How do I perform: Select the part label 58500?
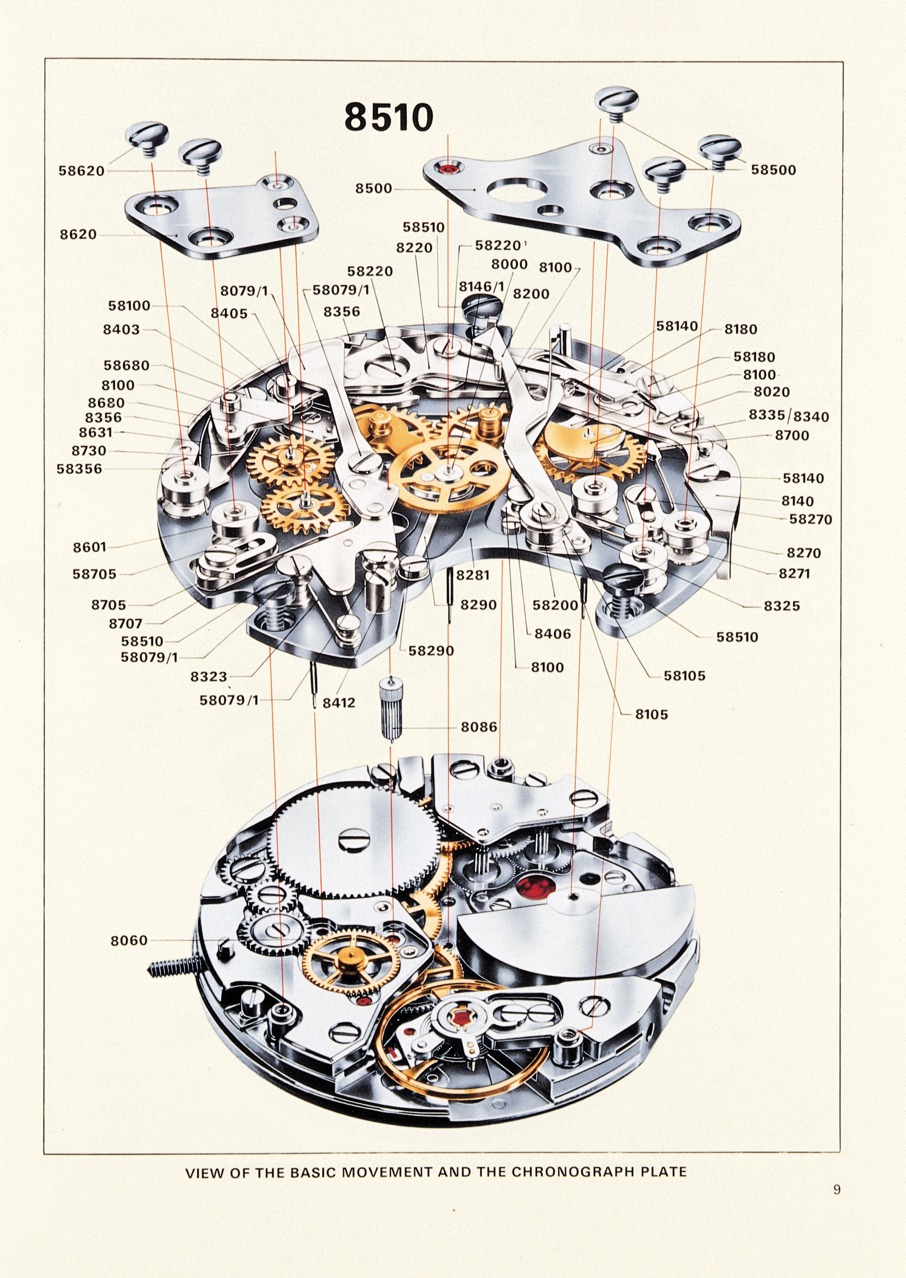(x=773, y=170)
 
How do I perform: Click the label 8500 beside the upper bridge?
(x=374, y=189)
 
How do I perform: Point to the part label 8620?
(x=78, y=234)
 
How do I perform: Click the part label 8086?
(x=479, y=727)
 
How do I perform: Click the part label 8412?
(x=339, y=703)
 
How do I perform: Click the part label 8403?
(x=121, y=329)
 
